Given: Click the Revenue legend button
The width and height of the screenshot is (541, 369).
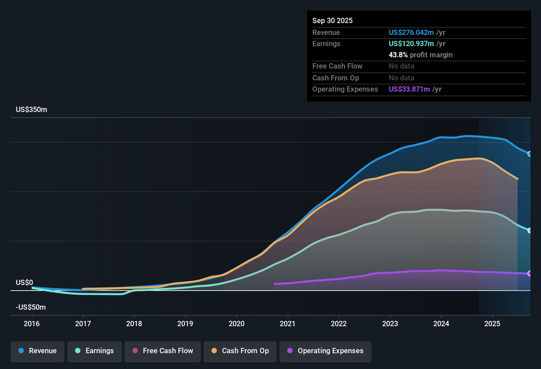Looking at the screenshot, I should (x=38, y=351).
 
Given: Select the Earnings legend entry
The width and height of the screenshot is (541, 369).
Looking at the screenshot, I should (x=95, y=351).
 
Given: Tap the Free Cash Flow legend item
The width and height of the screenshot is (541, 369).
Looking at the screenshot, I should (x=163, y=351).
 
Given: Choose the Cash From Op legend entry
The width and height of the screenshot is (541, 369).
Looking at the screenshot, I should (x=240, y=351).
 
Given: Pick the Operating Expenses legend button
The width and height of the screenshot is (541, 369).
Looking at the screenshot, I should (x=326, y=351).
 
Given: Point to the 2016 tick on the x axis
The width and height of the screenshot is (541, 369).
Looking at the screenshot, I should (x=32, y=324).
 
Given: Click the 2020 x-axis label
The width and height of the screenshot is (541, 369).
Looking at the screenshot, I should (x=237, y=324).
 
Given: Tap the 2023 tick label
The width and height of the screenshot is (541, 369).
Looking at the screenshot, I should (x=390, y=324).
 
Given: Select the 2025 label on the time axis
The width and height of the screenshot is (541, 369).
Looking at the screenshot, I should (x=492, y=324).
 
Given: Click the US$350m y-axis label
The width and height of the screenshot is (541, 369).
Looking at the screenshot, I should (x=31, y=110).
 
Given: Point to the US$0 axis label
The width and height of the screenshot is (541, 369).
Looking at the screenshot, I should (x=24, y=283).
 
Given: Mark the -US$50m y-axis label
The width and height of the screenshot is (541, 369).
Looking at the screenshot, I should (x=31, y=307).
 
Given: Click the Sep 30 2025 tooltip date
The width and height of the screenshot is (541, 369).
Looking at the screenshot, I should (x=332, y=21).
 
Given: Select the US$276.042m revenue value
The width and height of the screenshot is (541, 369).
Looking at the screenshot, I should (x=411, y=33).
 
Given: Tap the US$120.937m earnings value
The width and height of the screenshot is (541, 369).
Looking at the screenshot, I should (x=411, y=44).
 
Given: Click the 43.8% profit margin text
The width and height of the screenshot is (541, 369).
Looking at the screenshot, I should (x=420, y=55).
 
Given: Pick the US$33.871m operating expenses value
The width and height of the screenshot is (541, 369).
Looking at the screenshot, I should (x=409, y=89).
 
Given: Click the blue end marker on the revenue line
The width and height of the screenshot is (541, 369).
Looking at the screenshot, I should (x=529, y=154).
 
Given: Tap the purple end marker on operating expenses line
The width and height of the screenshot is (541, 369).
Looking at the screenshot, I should (x=529, y=273).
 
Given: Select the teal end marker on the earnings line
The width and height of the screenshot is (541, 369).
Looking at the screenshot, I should (x=529, y=231).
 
